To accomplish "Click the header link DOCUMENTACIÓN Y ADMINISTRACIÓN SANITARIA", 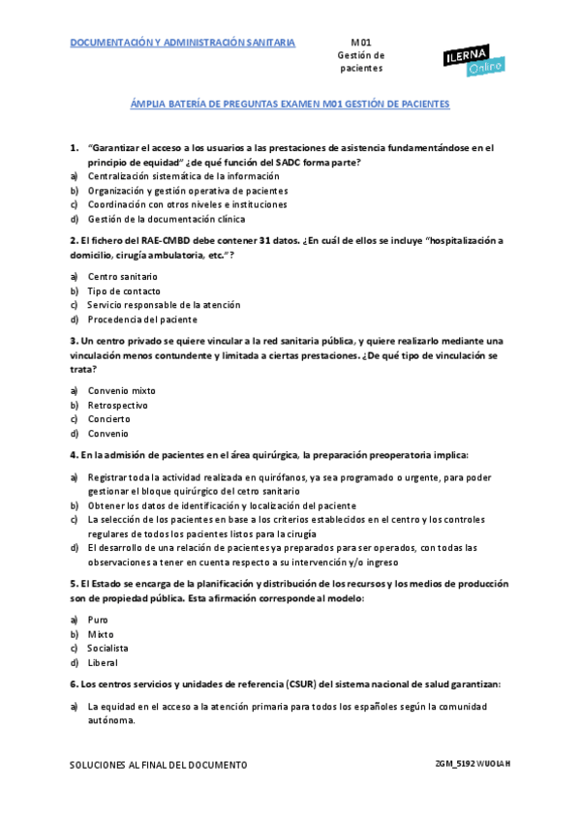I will pos(183,43).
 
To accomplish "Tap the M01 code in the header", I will pos(360,43).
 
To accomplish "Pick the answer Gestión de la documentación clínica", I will pos(167,219).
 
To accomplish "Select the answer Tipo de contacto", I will pos(124,290).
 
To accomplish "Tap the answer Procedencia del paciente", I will pos(142,319).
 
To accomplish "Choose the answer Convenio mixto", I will pos(121,390).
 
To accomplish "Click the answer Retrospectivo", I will pos(118,405).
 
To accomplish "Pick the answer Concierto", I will pos(108,419).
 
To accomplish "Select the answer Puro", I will pos(98,620).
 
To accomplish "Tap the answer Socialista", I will pos(107,648).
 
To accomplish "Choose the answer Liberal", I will pos(103,662).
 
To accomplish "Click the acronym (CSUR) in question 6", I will pos(303,684).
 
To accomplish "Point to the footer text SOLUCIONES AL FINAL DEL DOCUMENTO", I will pos(158,765).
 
